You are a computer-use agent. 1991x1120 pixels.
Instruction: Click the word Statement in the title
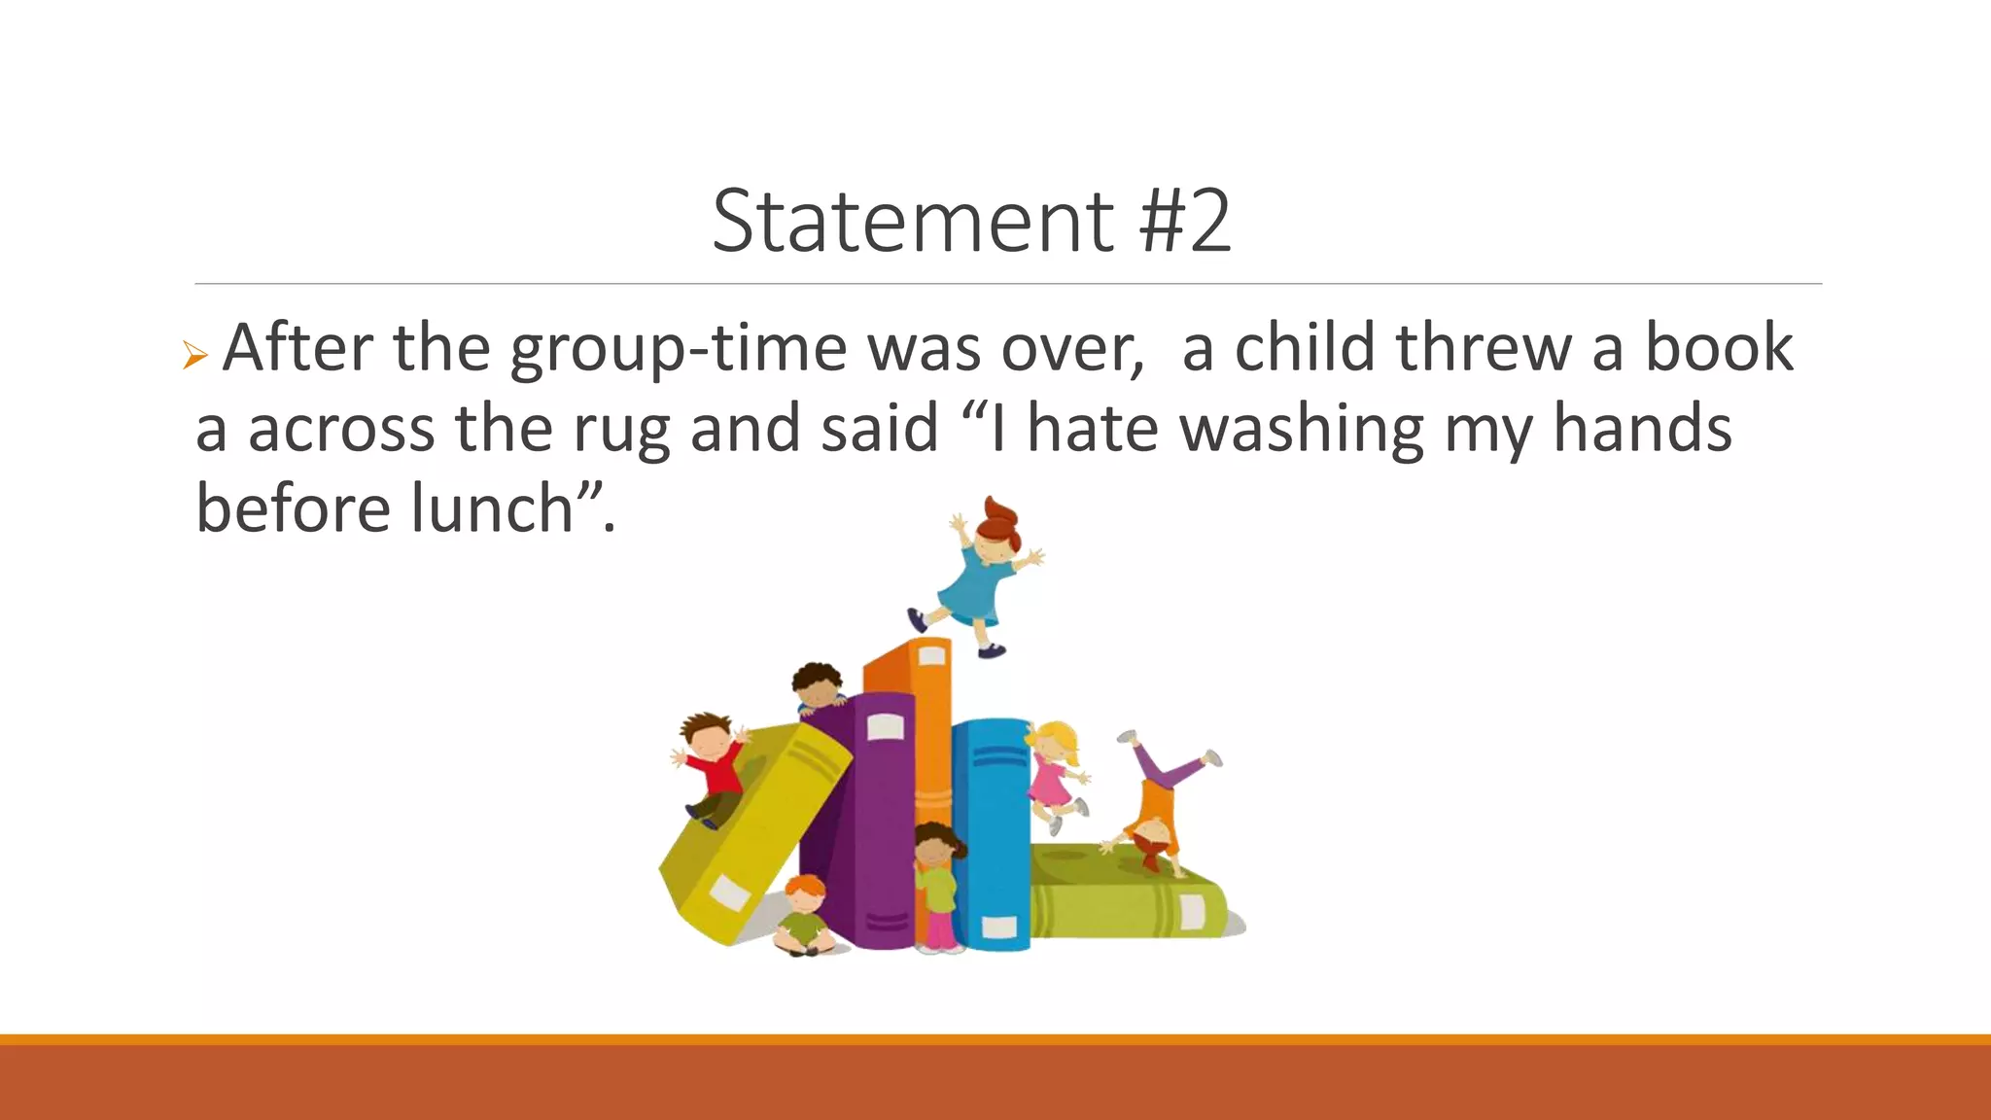(912, 222)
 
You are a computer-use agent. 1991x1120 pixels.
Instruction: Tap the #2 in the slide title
(1185, 222)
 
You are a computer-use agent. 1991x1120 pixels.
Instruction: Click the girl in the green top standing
(936, 885)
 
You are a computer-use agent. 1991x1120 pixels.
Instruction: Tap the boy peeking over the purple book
(817, 687)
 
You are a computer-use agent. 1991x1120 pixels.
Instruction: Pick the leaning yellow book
(749, 836)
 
